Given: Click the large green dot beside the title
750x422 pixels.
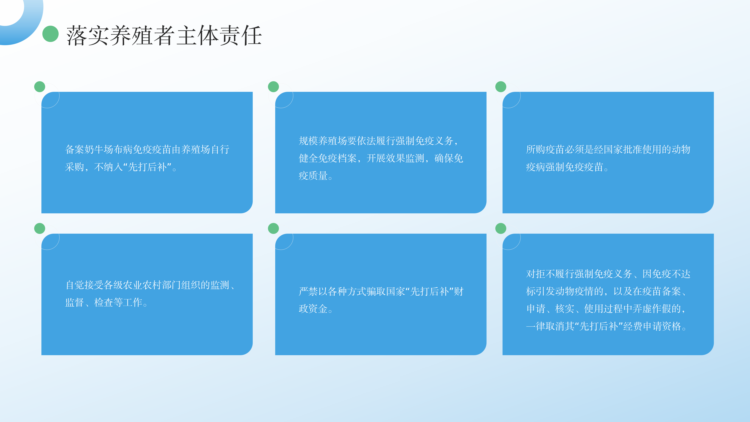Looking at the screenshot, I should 50,34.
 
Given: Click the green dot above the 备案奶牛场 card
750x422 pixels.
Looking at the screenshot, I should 40,87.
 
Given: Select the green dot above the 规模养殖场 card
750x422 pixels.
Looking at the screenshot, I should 273,87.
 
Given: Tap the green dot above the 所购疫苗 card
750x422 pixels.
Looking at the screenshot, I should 501,87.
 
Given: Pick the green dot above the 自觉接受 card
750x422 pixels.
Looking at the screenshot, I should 40,228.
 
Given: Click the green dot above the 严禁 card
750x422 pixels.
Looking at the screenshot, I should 273,228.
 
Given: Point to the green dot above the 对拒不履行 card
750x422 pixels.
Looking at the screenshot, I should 501,228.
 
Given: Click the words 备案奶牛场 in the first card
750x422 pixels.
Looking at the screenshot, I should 89,149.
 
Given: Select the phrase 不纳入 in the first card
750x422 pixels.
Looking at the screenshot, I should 108,167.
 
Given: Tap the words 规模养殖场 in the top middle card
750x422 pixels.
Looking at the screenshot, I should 323,141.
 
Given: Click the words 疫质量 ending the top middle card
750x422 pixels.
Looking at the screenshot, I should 313,176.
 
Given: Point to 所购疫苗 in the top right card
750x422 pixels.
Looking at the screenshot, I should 545,149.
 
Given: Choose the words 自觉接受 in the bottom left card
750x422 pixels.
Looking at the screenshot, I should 84,285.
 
